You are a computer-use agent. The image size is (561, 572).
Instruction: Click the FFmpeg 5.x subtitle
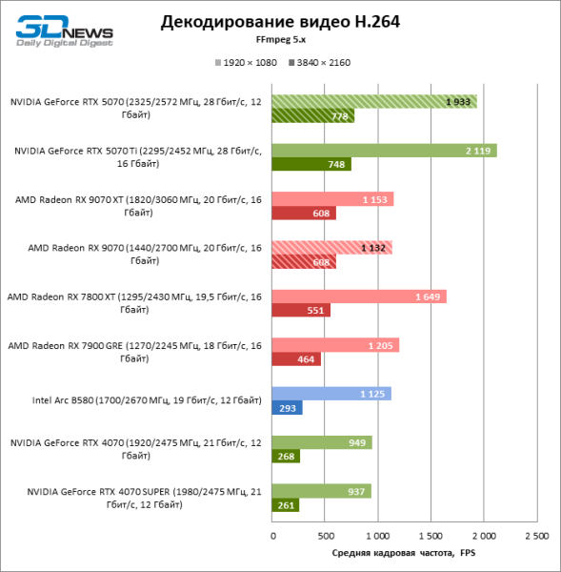tap(280, 41)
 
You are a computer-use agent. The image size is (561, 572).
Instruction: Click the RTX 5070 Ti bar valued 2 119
tap(384, 150)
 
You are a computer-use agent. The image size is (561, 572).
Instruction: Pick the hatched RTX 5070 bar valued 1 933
tap(374, 101)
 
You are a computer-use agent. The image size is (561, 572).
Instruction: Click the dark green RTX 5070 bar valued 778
tap(313, 116)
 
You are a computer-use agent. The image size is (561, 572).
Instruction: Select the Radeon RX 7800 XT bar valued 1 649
tap(359, 296)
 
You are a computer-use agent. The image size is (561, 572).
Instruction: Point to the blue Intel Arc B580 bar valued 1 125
tap(331, 394)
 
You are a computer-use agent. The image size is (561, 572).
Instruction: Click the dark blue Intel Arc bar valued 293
tap(288, 408)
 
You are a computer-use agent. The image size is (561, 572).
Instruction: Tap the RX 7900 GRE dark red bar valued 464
tap(296, 359)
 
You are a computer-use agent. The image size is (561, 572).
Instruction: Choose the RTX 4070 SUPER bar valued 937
tap(322, 491)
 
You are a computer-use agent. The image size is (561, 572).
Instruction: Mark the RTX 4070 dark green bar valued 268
tap(287, 457)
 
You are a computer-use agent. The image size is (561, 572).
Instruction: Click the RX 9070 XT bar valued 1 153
tap(332, 199)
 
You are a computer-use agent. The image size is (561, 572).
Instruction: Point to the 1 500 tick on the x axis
tap(431, 537)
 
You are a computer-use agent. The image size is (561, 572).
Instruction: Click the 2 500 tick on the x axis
tap(535, 537)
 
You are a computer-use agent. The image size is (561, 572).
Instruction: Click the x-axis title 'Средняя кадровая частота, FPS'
tap(404, 553)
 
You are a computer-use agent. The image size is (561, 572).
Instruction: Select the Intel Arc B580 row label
tap(136, 401)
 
